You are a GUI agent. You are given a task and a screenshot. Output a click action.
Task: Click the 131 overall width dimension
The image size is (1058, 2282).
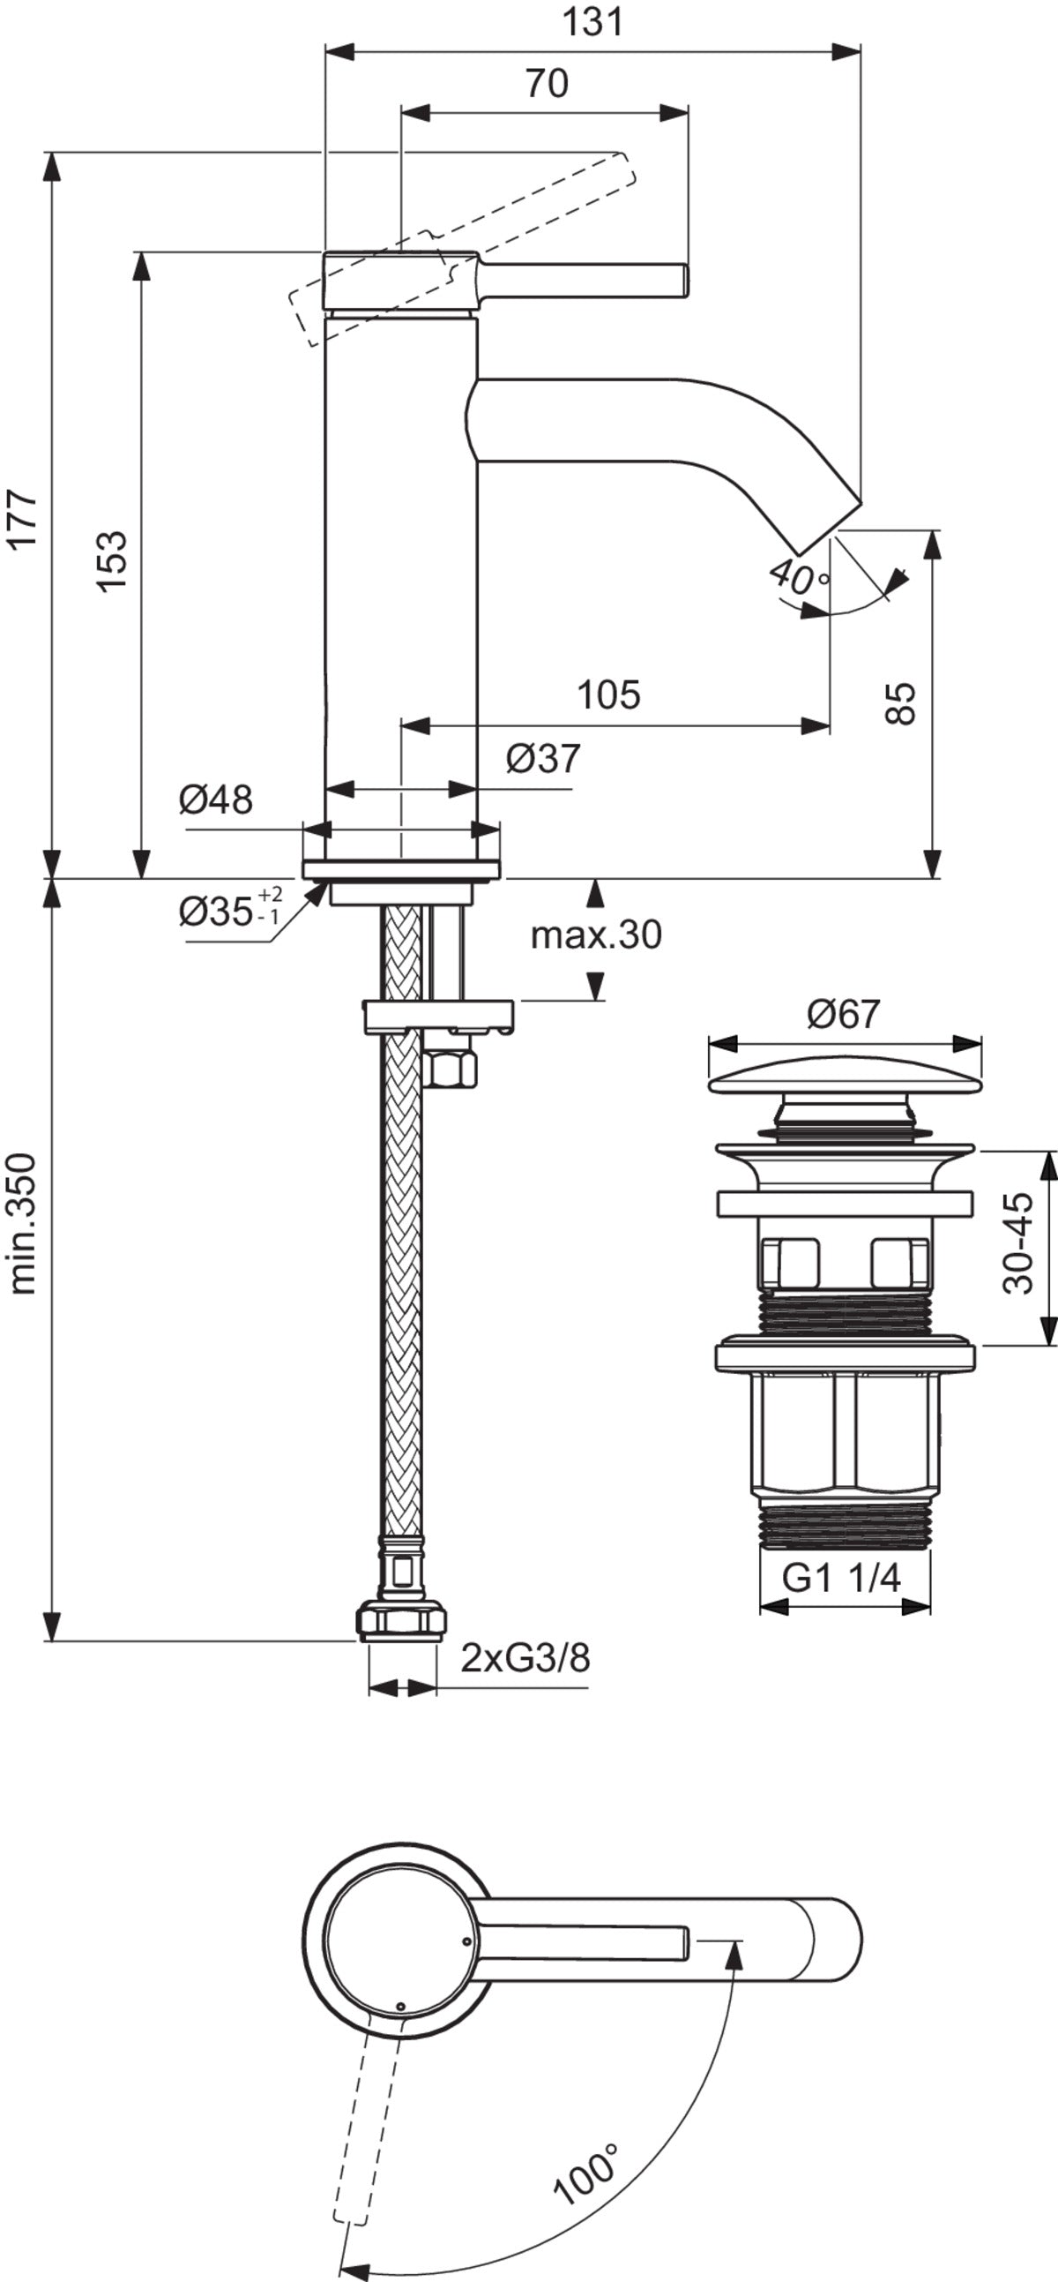[x=592, y=21]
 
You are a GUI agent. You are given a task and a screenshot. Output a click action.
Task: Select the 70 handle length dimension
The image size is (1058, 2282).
[x=547, y=83]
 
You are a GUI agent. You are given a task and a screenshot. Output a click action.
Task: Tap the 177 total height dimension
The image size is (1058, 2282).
[x=24, y=519]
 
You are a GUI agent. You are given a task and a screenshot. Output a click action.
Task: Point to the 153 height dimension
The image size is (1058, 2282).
[x=112, y=561]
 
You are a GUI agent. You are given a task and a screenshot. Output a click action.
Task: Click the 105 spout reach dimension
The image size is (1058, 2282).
[x=608, y=695]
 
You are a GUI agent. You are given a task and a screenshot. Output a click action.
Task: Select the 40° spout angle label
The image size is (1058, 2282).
[x=800, y=576]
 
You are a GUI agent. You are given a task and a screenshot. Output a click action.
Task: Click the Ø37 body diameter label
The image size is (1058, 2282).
[x=544, y=758]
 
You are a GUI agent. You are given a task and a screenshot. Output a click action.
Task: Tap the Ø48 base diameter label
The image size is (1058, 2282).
[x=215, y=800]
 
